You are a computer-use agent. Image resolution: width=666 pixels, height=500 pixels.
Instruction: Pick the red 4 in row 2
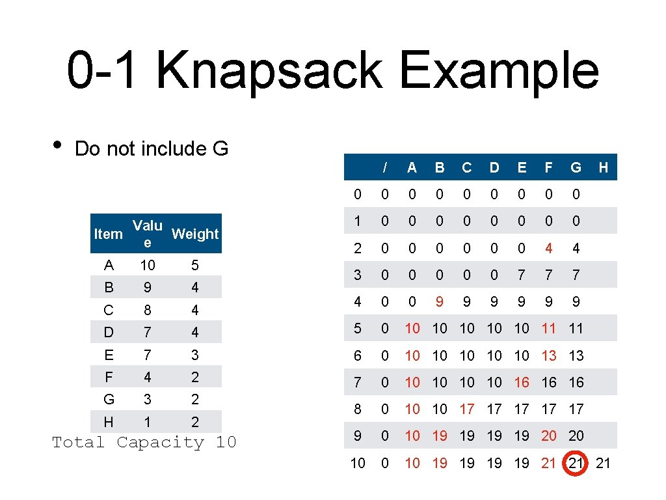(x=549, y=248)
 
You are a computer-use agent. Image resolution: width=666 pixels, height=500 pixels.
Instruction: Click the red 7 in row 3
(x=522, y=275)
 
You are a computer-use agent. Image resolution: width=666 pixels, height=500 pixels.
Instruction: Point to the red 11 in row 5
(x=549, y=329)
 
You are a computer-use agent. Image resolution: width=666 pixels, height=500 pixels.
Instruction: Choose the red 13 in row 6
(x=549, y=355)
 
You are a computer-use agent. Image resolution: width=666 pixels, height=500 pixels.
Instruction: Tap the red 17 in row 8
(x=467, y=409)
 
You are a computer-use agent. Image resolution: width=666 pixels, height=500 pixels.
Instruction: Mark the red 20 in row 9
(x=549, y=436)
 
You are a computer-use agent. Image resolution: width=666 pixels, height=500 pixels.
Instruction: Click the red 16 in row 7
(x=522, y=382)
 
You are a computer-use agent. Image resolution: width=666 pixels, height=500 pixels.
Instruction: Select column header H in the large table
(x=604, y=167)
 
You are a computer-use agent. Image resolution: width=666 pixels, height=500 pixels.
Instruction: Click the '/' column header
(x=385, y=167)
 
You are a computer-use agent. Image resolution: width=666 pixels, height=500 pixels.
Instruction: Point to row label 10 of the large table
(x=358, y=463)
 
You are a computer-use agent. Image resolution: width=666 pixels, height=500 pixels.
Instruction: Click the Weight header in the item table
(x=195, y=234)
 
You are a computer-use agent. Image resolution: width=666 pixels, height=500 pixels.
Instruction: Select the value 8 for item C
(x=148, y=310)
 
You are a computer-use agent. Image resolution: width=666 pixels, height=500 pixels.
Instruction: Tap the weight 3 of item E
(x=195, y=355)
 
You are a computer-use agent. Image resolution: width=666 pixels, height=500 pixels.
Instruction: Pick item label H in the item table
(x=109, y=422)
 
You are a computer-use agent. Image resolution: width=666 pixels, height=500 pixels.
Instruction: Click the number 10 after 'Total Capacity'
(x=226, y=443)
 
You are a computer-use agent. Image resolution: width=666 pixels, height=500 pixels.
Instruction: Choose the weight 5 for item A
(x=195, y=265)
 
